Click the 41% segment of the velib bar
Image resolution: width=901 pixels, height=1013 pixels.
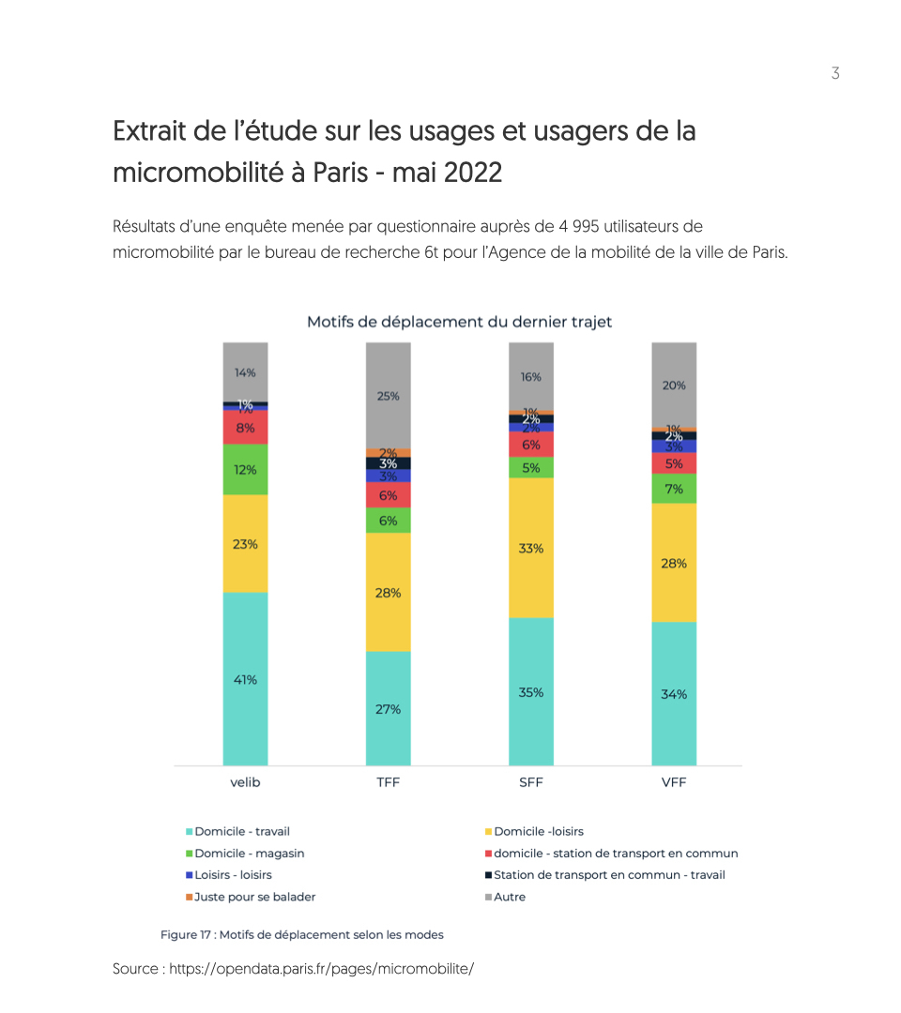245,679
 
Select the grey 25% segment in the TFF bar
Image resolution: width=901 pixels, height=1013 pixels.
388,395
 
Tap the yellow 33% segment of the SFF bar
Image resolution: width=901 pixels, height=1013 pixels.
530,548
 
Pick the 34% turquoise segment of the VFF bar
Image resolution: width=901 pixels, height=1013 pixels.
674,693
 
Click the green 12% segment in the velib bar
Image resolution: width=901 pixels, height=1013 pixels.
245,469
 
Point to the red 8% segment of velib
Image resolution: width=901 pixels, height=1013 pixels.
245,428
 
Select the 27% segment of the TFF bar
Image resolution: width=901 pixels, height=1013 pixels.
388,709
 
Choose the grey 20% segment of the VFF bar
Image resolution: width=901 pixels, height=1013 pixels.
674,385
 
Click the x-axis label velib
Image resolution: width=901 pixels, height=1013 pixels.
245,782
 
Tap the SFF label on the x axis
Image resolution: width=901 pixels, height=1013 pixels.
530,782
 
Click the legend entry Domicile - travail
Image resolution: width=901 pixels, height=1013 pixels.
241,831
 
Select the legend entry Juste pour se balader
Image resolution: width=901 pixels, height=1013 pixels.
254,897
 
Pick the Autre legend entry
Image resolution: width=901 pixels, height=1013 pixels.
510,897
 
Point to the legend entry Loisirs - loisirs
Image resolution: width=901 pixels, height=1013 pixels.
233,875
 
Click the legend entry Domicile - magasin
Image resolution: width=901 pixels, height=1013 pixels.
249,854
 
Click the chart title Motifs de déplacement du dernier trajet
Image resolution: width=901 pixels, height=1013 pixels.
459,322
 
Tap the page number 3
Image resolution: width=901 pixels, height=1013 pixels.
835,74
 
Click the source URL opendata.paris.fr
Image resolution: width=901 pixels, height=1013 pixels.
321,968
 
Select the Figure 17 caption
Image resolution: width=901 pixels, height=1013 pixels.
301,934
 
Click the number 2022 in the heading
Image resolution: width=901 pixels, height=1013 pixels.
473,173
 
